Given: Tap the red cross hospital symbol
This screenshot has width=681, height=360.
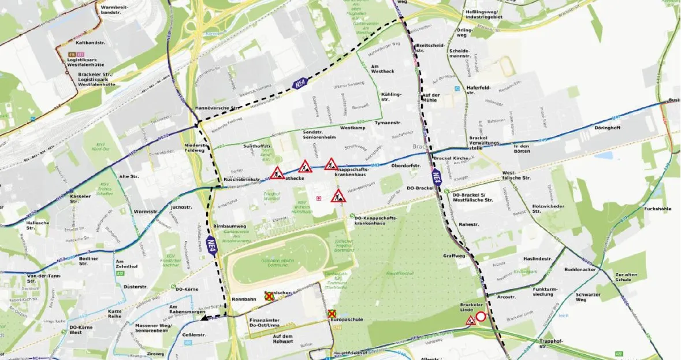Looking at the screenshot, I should point(318,199).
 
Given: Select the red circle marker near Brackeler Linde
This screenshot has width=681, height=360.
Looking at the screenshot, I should point(481,317).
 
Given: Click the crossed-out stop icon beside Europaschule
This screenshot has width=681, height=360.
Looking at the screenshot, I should point(332,313).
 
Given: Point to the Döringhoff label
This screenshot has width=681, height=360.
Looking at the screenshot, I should point(608,128).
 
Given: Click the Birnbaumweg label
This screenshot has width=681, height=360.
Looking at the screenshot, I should point(230,227).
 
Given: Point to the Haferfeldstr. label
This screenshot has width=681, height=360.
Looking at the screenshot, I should point(479,91).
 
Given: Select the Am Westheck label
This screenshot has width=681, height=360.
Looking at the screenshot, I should point(382,68).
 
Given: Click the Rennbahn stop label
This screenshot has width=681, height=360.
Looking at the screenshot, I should point(243,299).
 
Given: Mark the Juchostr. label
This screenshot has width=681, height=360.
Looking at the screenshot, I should point(181,206).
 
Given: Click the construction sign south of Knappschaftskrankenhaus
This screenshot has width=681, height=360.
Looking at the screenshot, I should point(338,196).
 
